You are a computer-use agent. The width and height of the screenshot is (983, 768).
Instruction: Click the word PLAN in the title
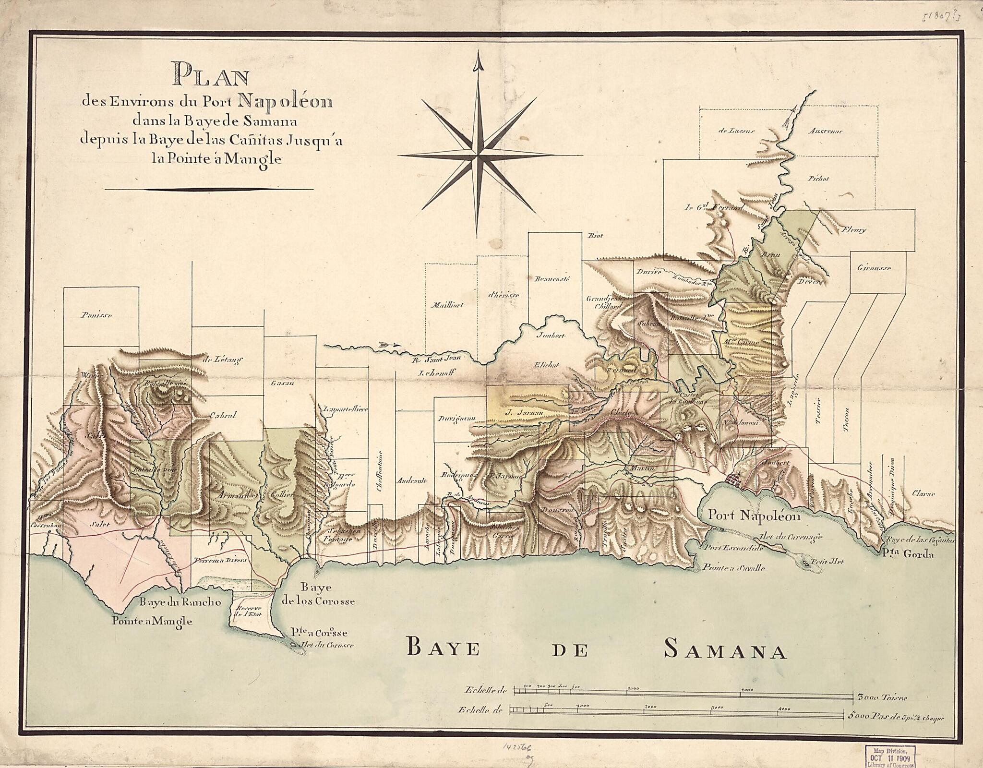tap(212, 76)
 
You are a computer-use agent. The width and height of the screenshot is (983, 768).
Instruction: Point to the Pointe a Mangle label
tap(152, 621)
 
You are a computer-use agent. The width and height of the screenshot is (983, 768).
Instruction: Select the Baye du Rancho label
tap(180, 602)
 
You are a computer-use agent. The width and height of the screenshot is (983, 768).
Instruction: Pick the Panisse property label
tap(96, 315)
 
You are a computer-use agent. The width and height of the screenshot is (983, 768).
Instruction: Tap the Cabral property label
tap(223, 416)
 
